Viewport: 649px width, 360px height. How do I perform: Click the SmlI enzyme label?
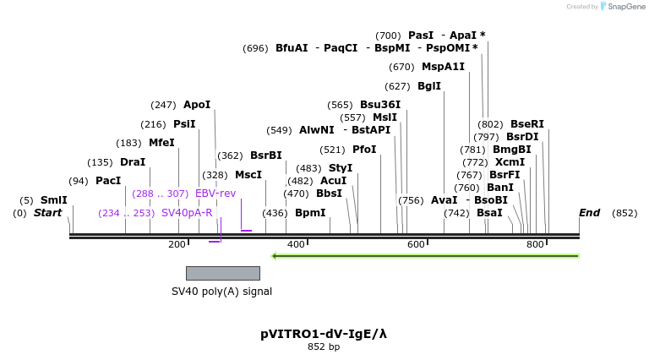tap(53, 200)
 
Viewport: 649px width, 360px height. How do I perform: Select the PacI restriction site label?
tap(108, 181)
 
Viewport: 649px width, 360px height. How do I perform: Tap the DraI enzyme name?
tap(133, 162)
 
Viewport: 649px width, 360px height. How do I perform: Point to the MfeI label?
tap(161, 143)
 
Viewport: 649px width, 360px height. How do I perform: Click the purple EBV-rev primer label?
tap(215, 194)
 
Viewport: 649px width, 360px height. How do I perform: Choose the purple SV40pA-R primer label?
tap(187, 213)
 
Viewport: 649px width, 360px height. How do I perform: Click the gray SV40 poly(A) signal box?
tap(222, 273)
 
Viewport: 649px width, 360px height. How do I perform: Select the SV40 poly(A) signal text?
tap(221, 292)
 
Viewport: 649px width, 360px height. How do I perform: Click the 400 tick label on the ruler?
tap(297, 245)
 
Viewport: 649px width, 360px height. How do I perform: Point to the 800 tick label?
tap(535, 245)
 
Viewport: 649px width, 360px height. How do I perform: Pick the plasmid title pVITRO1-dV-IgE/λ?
tap(324, 334)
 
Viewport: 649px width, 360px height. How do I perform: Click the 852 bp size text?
tap(324, 347)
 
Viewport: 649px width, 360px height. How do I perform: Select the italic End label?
tap(589, 213)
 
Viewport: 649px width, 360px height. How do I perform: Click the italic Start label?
tap(48, 213)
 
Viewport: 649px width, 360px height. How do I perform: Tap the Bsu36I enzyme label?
tap(380, 105)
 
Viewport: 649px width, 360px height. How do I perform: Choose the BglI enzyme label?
tap(429, 86)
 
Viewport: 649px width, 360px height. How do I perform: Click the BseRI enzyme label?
tap(527, 124)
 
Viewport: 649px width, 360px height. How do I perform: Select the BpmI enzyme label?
tap(310, 213)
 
